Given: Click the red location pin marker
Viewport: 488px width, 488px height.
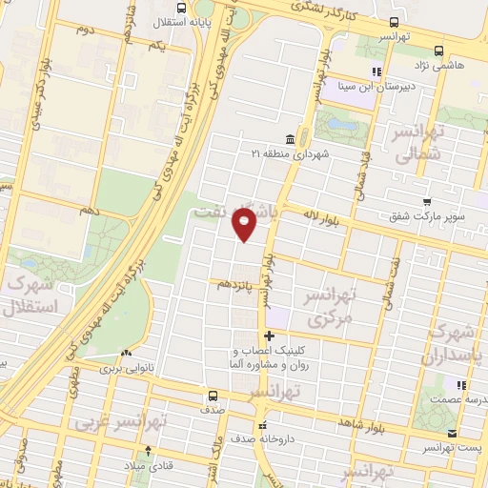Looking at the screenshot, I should coord(245,225).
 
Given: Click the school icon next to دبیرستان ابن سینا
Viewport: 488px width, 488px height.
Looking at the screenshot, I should coord(376,71).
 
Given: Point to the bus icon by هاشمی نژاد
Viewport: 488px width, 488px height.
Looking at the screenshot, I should coord(437,51).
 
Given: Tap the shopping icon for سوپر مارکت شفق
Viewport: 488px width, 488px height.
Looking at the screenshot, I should coord(428,201).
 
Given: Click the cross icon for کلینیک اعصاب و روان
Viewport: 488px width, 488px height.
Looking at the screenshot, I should coord(270,335).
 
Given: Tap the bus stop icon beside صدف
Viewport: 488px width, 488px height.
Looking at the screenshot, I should coord(212,394).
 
